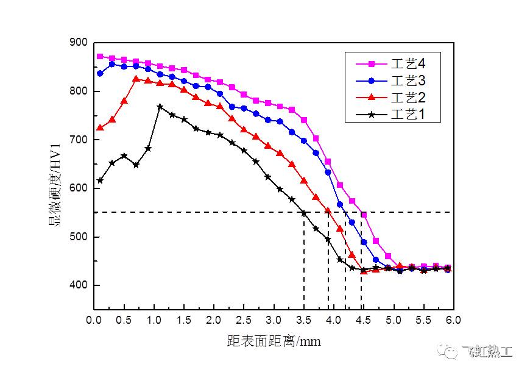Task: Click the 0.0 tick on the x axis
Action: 94,320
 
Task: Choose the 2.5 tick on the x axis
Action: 244,320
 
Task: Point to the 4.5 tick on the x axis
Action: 364,320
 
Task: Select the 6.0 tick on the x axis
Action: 453,320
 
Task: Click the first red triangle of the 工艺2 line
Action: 100,127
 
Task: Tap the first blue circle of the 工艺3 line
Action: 100,73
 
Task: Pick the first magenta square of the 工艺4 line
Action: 100,57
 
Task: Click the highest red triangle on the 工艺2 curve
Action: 136,79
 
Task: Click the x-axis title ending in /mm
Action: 272,341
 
